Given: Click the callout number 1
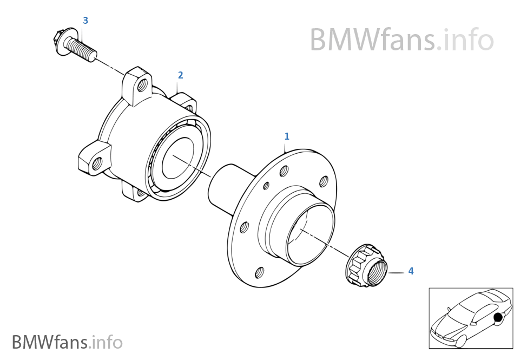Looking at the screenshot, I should pyautogui.click(x=287, y=136).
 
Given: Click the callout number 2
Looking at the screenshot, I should pyautogui.click(x=180, y=75).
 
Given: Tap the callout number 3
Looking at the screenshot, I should pyautogui.click(x=85, y=21).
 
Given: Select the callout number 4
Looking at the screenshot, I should pyautogui.click(x=411, y=271).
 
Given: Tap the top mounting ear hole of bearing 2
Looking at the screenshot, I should pyautogui.click(x=143, y=84).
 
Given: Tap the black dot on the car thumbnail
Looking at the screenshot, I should pyautogui.click(x=498, y=318).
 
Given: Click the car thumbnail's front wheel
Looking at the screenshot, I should pyautogui.click(x=461, y=341).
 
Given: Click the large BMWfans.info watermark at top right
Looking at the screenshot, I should pyautogui.click(x=401, y=40).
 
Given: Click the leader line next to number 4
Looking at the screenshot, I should pyautogui.click(x=396, y=272).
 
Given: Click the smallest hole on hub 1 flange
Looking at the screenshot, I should pyautogui.click(x=266, y=186).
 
